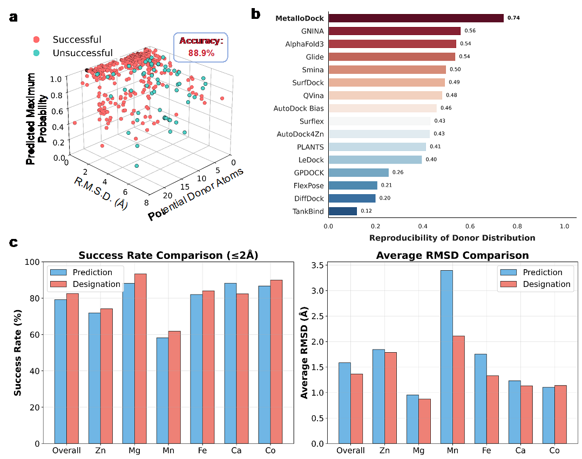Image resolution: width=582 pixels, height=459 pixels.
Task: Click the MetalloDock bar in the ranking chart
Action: [416, 18]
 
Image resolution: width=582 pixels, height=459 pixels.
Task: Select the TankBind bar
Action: [342, 211]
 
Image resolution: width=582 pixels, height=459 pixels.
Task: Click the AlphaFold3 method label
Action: [304, 44]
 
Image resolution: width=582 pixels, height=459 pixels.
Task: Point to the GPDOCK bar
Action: [358, 172]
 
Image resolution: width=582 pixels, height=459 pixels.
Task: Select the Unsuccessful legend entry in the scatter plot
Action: [83, 53]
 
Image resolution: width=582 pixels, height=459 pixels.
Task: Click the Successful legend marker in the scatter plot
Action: [37, 39]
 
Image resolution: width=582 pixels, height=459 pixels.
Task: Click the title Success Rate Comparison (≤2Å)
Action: [168, 255]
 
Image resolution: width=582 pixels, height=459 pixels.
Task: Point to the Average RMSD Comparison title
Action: [452, 255]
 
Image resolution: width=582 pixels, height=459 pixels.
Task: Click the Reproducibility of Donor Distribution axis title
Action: [452, 237]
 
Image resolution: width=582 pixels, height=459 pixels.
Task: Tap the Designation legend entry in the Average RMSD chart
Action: [543, 284]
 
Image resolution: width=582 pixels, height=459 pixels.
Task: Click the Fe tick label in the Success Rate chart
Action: [197, 450]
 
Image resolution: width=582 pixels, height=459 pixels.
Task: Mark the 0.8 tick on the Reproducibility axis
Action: [517, 226]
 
